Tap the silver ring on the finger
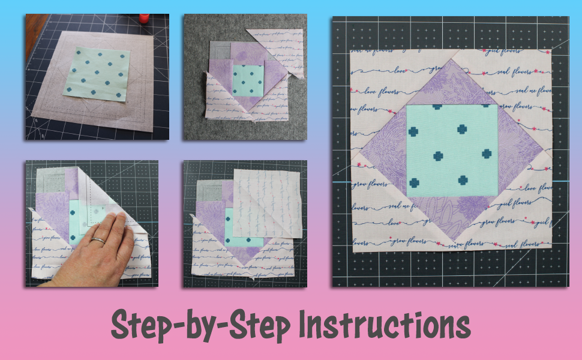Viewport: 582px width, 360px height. [x=98, y=241]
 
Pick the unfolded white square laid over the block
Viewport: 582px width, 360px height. [x=266, y=204]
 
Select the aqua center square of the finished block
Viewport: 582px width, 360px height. [x=451, y=150]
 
